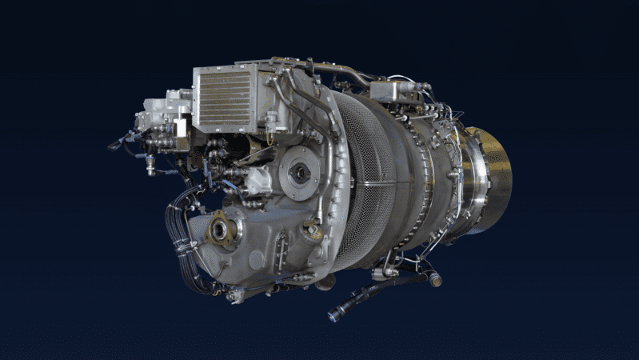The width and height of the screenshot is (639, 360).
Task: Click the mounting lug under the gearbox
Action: click(234, 296)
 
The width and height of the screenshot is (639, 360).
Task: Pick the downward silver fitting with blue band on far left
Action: click(149, 164)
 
